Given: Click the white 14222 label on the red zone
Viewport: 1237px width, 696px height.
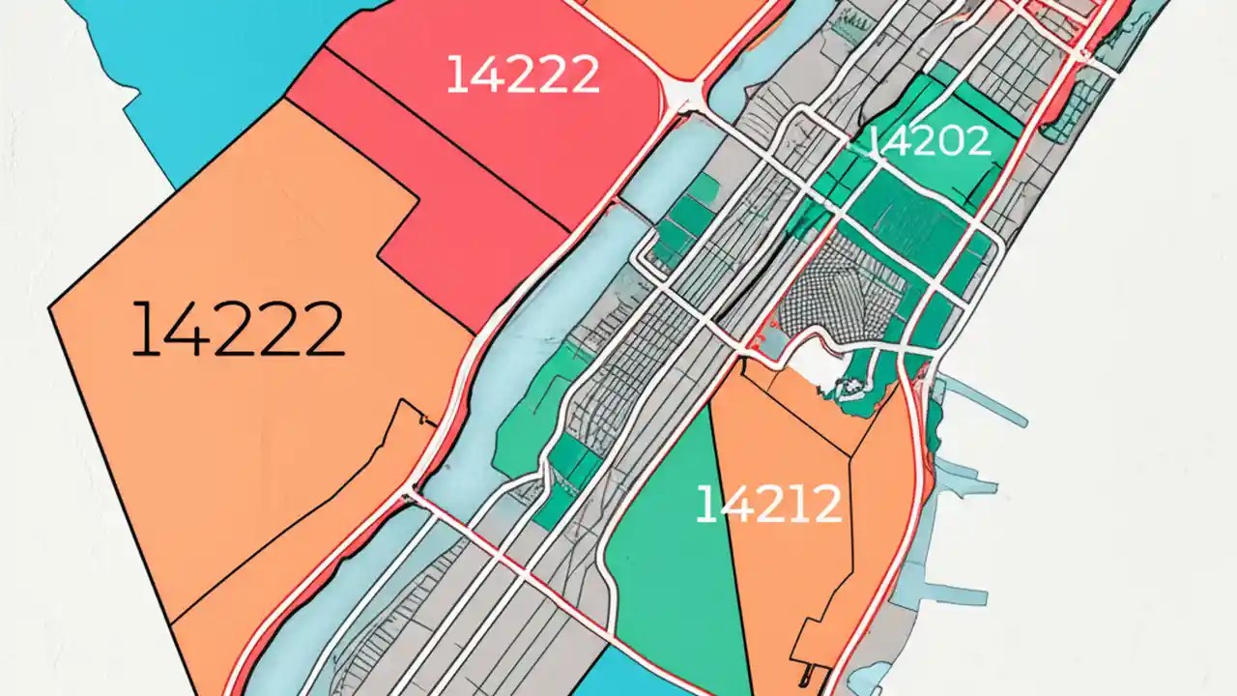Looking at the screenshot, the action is coord(522,74).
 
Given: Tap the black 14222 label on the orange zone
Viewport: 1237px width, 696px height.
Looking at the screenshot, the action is coord(238,329).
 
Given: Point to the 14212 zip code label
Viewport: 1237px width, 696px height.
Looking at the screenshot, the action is coord(768,505).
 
